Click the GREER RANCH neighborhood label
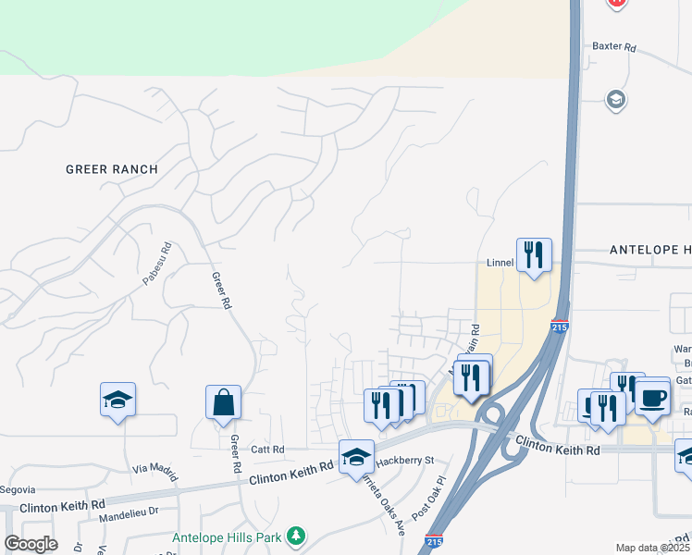(x=112, y=169)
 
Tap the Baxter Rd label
(x=615, y=45)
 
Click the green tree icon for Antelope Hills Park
(x=295, y=536)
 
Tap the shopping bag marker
(x=223, y=402)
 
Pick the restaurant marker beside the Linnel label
(x=534, y=254)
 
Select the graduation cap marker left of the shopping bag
(x=117, y=400)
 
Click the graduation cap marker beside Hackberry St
(x=356, y=457)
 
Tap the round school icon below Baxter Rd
(x=616, y=99)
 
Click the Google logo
(x=31, y=544)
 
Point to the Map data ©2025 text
(x=652, y=548)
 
